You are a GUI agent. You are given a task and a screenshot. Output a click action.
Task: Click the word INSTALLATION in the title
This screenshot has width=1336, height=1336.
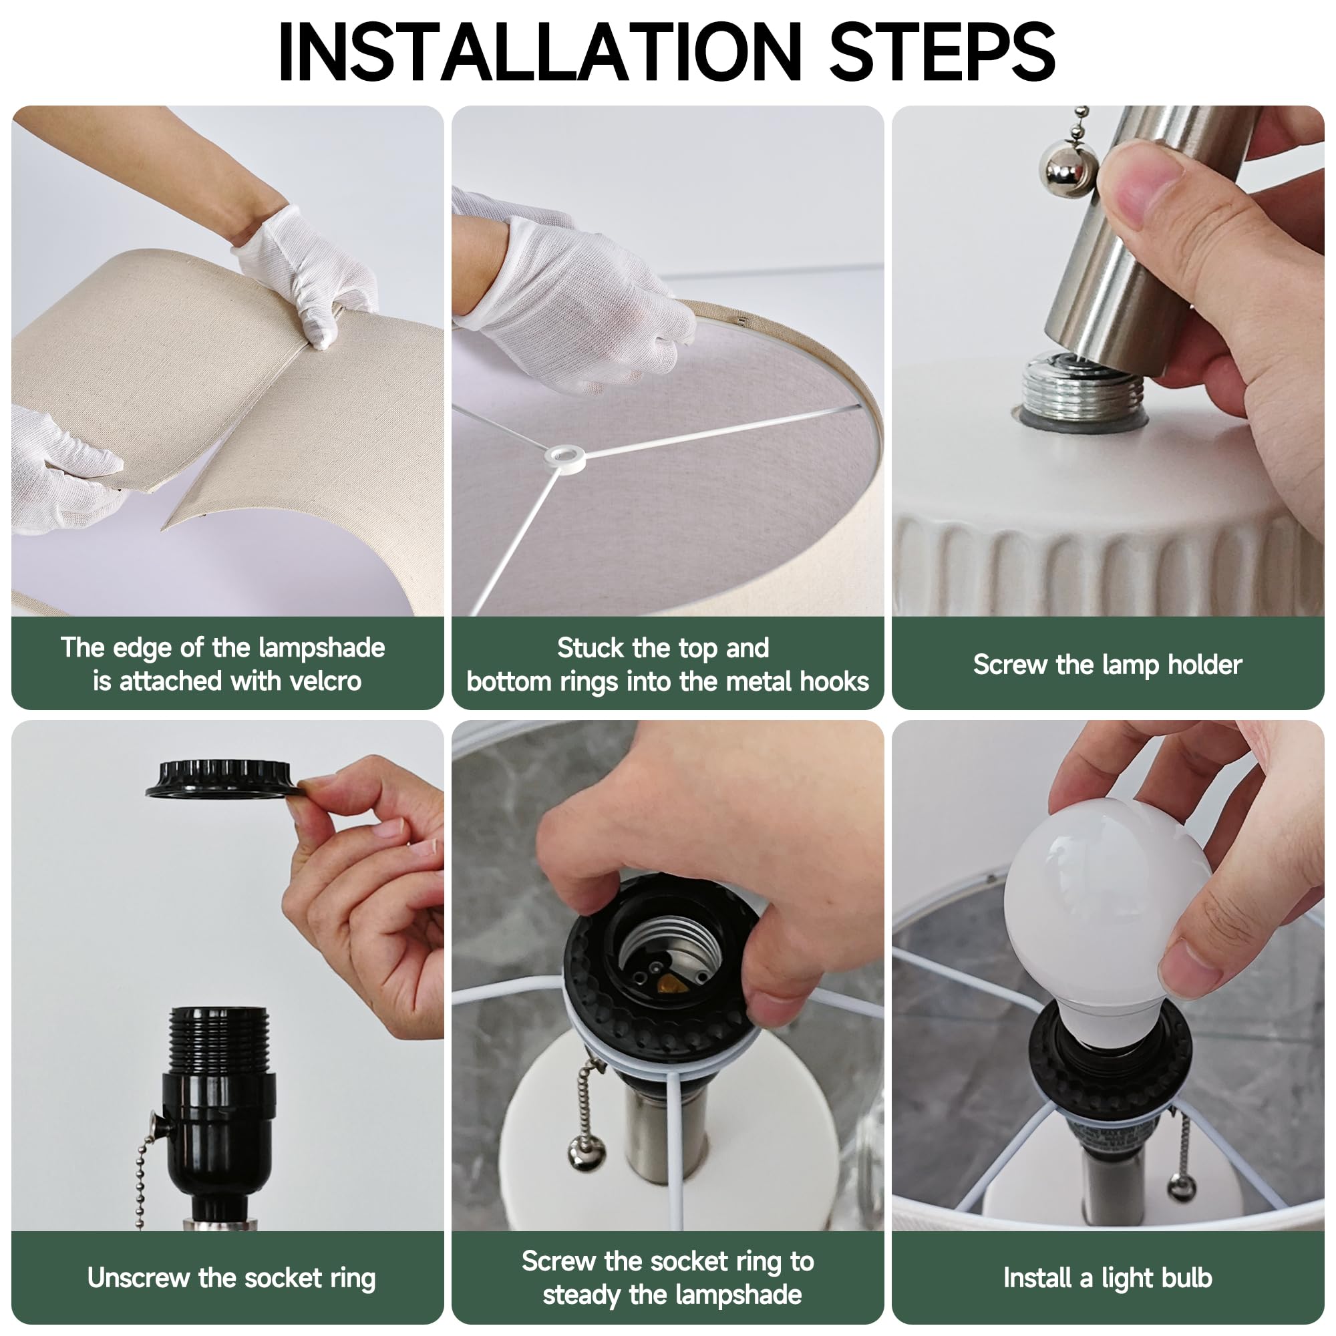(x=539, y=52)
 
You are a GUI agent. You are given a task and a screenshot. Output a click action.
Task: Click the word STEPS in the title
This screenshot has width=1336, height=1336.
(x=942, y=52)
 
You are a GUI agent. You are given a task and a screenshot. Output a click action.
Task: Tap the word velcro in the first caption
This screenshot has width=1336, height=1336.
(x=325, y=682)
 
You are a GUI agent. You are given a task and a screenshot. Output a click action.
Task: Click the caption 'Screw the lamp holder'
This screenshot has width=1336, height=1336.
(x=1108, y=665)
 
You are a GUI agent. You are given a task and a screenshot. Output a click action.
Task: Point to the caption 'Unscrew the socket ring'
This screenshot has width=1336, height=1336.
(x=231, y=1279)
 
